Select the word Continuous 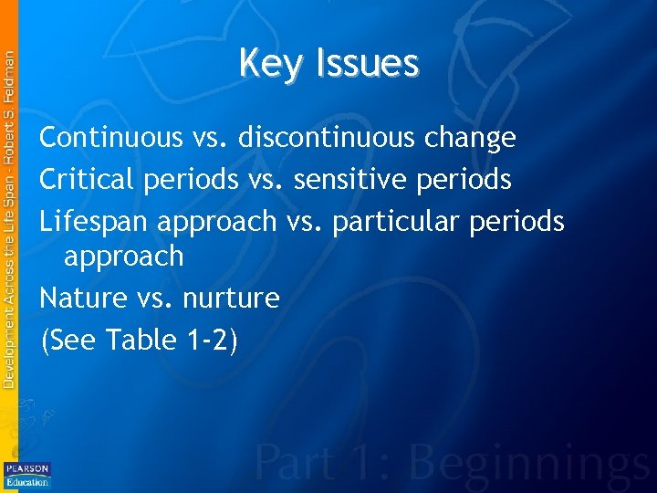pos(111,139)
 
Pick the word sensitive pos(353,180)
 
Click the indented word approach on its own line pos(123,257)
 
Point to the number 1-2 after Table pos(205,340)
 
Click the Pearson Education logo pos(27,475)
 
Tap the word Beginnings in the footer pos(536,464)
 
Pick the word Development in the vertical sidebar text pos(8,343)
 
